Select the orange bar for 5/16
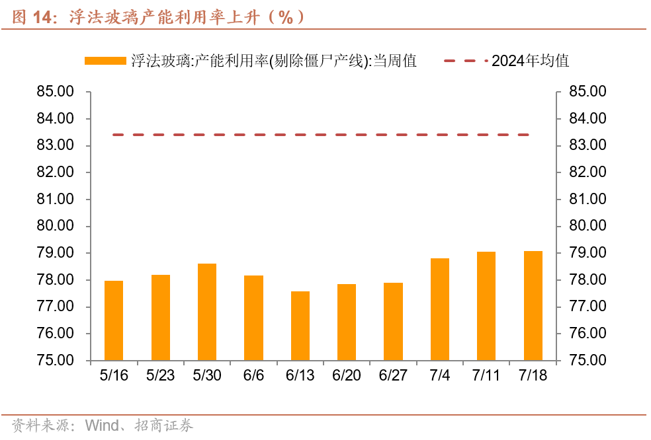(114, 320)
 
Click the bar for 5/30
(207, 312)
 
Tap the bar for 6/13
(300, 326)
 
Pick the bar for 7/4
(440, 309)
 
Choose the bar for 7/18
(533, 306)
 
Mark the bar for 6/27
(393, 322)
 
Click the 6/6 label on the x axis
(253, 375)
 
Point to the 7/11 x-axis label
(486, 375)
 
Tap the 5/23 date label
(160, 375)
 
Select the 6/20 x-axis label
(347, 375)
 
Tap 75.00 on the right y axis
(588, 361)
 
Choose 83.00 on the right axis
(588, 145)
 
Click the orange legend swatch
(105, 61)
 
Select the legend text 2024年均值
(530, 61)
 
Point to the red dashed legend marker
(466, 61)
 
